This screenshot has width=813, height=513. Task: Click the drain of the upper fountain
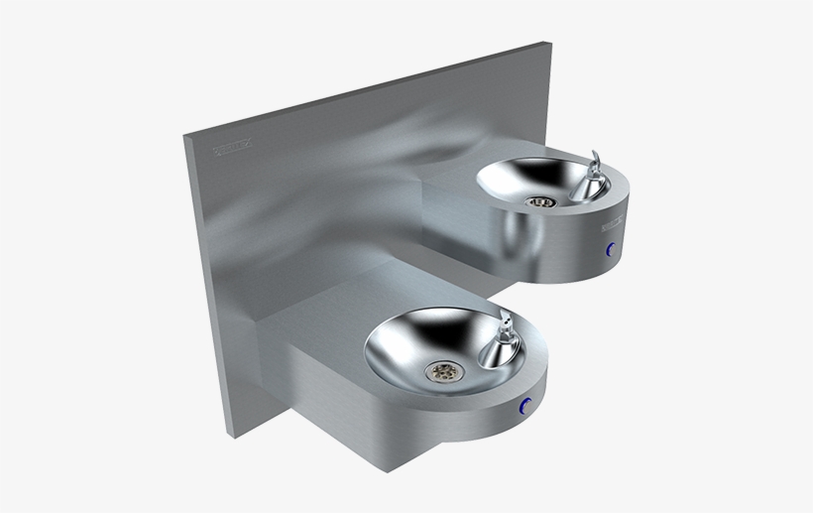coord(540,201)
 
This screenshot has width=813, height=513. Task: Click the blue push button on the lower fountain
coord(525,405)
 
